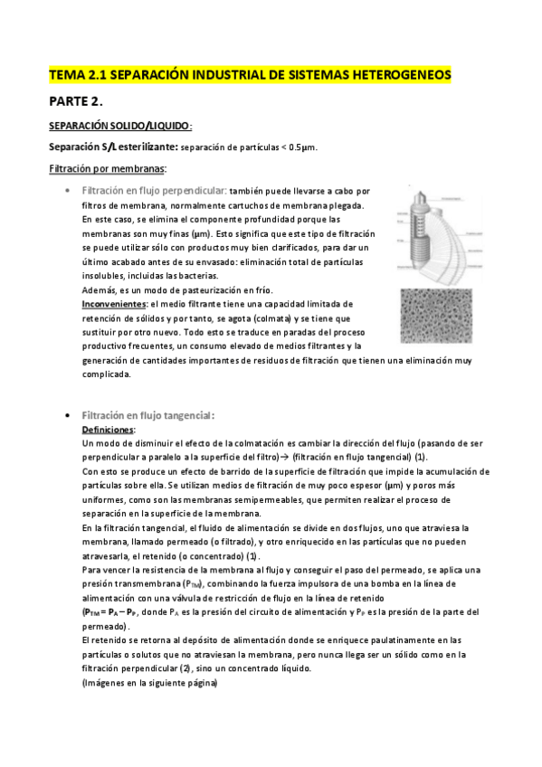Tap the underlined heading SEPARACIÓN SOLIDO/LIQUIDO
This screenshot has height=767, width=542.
tap(119, 127)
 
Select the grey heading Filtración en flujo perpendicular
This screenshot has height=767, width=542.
tap(154, 192)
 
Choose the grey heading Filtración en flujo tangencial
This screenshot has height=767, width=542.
tap(147, 415)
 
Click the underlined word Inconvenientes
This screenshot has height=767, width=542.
tap(113, 304)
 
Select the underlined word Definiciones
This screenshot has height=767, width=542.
tap(108, 430)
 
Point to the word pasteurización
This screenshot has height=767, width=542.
tap(201, 289)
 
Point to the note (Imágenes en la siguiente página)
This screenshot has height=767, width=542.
tap(149, 683)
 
